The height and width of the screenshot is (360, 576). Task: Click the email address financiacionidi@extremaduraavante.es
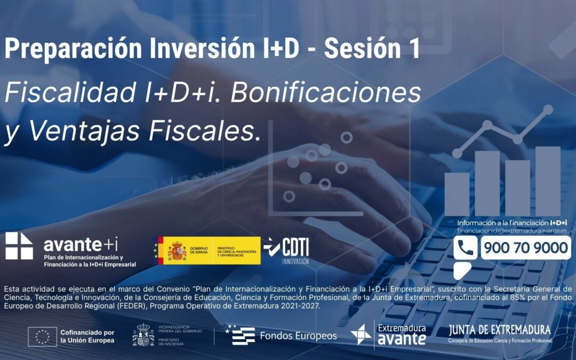pos(512,231)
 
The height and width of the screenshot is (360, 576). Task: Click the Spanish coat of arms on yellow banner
pos(177,250)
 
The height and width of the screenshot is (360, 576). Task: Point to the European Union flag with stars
pos(42,337)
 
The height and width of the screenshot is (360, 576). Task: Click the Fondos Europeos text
pos(298,336)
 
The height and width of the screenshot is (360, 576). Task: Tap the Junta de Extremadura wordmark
pos(500,330)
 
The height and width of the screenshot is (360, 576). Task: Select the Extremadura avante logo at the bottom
pos(389,334)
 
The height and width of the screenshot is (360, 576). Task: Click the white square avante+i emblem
pos(19,246)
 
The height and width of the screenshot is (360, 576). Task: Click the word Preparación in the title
pos(73,49)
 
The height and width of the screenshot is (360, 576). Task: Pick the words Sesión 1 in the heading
pos(371,49)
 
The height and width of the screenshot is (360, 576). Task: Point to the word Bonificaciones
pos(326,93)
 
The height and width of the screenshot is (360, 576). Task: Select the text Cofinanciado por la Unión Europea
pos(87,336)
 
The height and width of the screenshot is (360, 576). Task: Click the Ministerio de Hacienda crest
pos(142,335)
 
